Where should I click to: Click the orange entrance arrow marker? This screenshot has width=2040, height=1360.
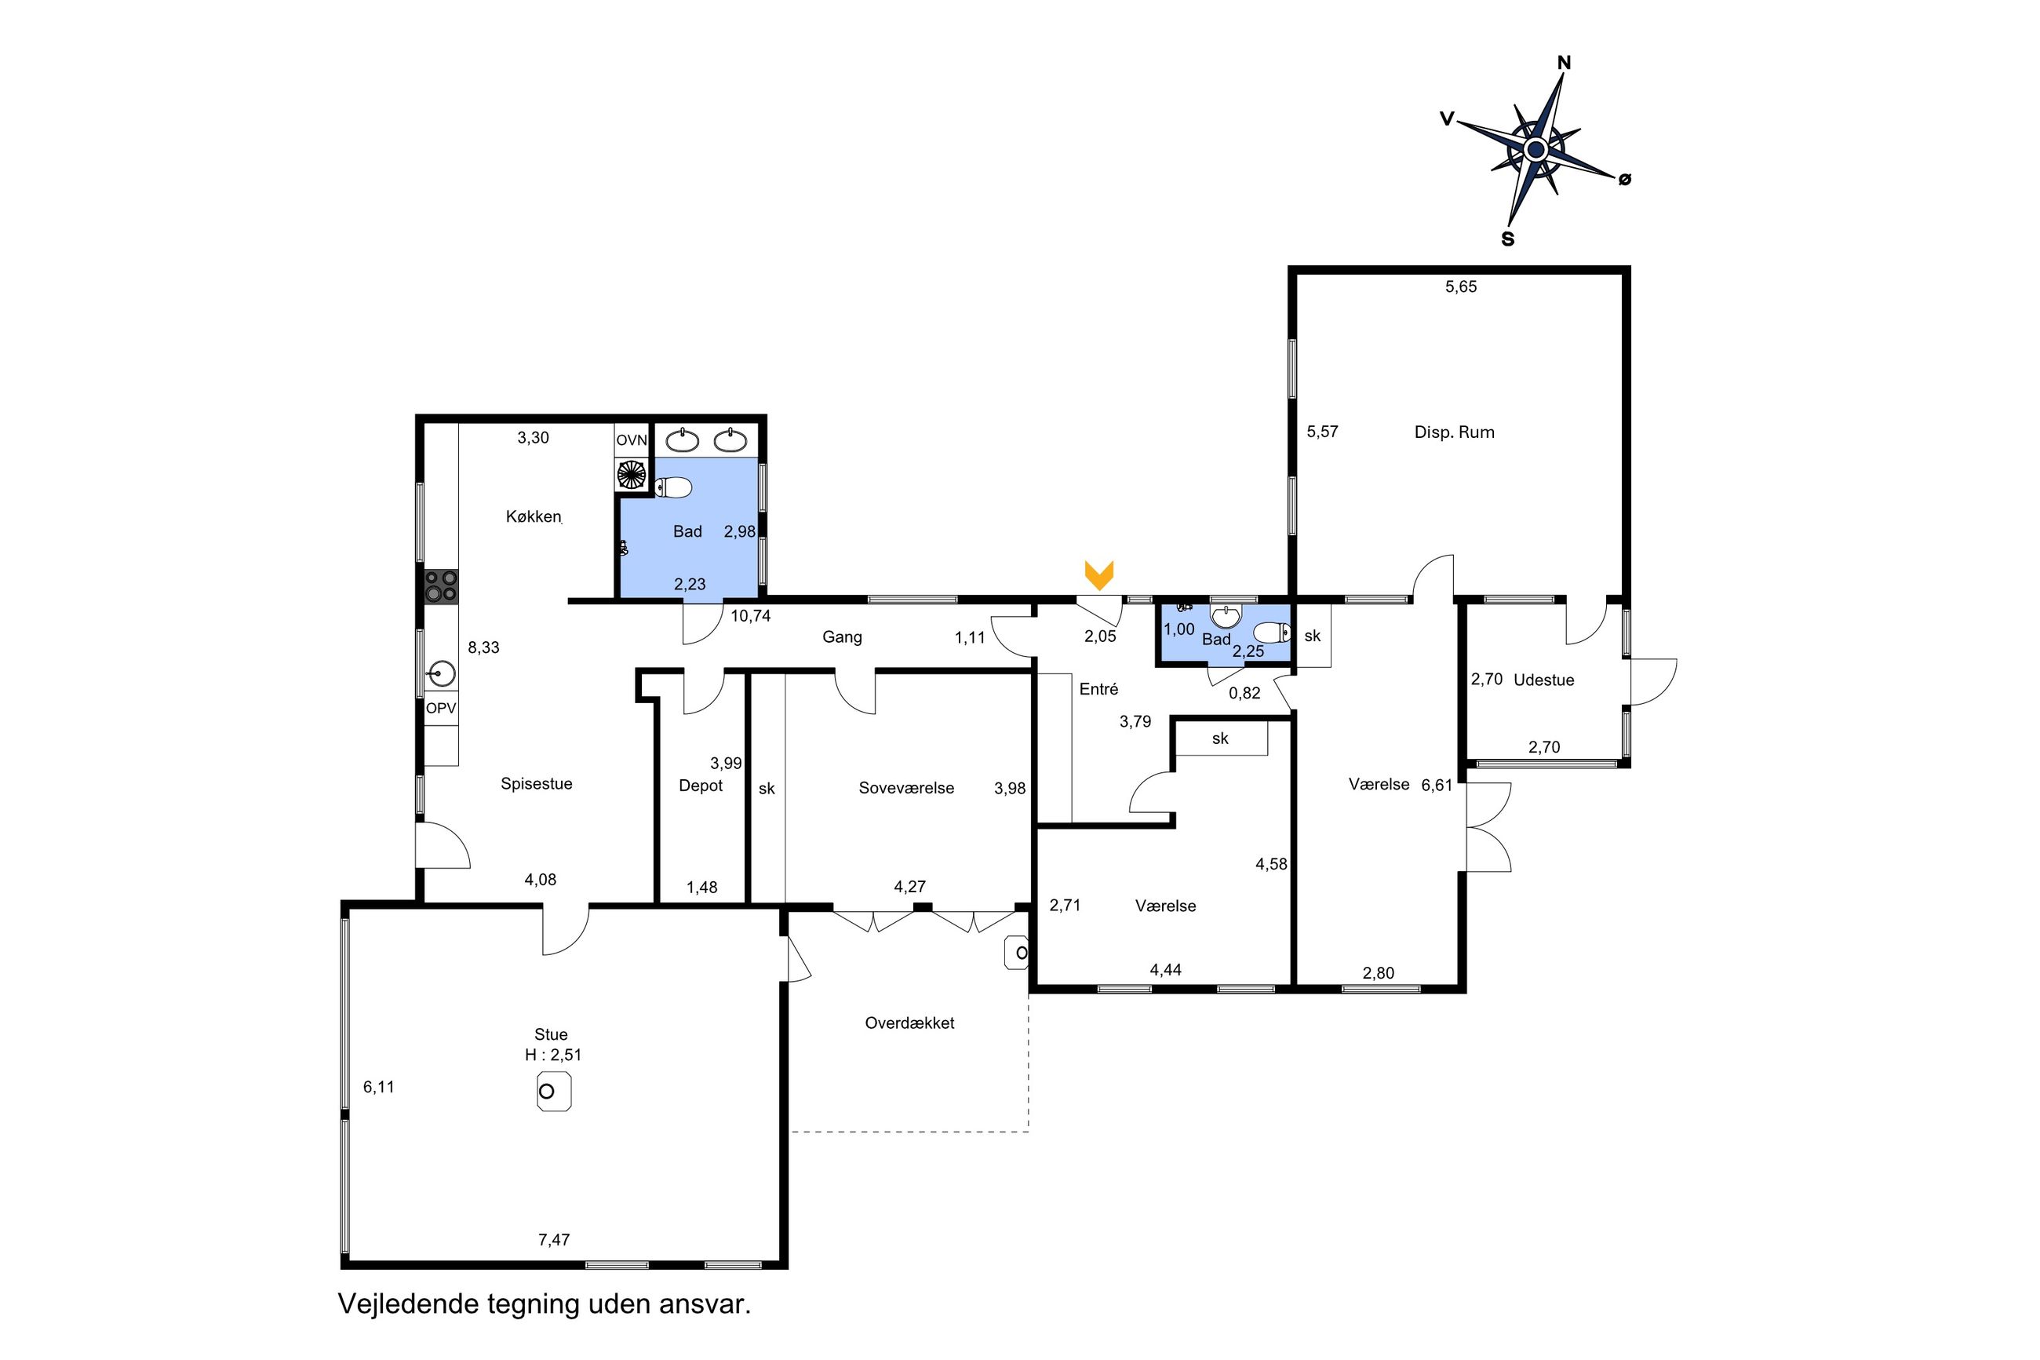[1098, 575]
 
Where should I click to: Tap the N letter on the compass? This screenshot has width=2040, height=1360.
[1564, 63]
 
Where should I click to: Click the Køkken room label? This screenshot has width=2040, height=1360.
[534, 517]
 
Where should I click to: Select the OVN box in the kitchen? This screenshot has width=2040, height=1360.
[631, 439]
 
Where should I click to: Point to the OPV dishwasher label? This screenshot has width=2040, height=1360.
[440, 709]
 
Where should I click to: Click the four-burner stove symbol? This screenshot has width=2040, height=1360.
[440, 586]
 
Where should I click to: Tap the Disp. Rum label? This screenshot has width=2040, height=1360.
[1454, 432]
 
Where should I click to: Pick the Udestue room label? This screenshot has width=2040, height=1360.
[1543, 680]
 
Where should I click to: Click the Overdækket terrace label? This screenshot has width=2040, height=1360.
[909, 1023]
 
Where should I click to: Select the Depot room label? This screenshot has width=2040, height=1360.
[701, 786]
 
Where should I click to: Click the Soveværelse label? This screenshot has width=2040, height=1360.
[906, 788]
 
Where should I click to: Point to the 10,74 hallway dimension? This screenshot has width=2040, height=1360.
[750, 616]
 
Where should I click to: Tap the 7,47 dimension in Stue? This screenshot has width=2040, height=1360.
[554, 1239]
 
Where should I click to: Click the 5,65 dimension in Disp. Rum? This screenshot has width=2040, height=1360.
[1460, 286]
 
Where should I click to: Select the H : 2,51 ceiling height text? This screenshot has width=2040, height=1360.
[552, 1055]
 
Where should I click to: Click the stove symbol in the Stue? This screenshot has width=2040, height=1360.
[553, 1091]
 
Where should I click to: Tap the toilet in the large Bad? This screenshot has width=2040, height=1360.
[672, 489]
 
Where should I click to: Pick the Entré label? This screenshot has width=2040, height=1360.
[1098, 689]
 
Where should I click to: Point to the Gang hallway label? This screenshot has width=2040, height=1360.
[842, 637]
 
